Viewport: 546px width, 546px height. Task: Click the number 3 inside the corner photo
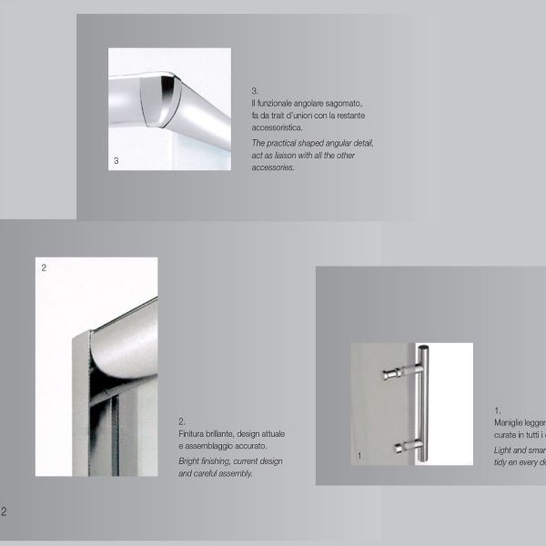point(116,161)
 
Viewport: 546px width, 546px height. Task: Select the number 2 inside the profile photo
point(44,268)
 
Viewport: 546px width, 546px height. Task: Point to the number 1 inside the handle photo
point(359,454)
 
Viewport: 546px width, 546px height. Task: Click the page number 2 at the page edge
point(4,511)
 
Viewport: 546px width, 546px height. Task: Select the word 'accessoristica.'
point(278,128)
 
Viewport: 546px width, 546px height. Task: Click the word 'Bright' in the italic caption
point(190,461)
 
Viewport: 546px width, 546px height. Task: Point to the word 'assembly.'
point(235,474)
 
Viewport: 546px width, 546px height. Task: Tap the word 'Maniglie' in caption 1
point(510,423)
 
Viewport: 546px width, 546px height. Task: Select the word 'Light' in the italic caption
point(503,450)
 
